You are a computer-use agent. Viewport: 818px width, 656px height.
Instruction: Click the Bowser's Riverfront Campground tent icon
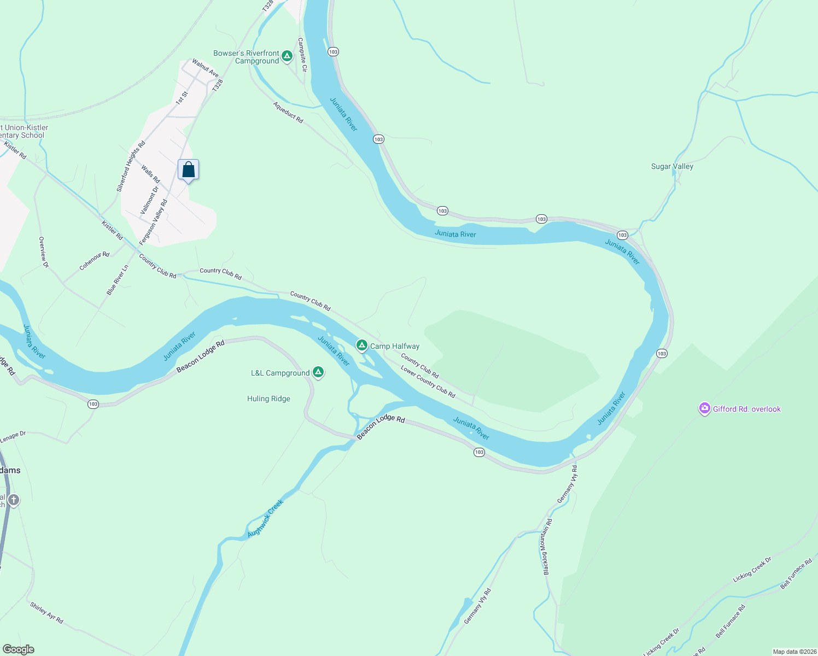(x=287, y=56)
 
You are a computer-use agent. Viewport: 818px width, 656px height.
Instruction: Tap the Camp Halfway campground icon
(x=361, y=345)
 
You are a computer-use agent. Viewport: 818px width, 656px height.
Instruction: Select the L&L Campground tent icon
(x=318, y=372)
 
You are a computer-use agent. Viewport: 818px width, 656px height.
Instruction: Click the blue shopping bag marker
(x=188, y=170)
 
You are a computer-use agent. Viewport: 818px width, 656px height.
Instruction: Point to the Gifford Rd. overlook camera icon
(x=705, y=408)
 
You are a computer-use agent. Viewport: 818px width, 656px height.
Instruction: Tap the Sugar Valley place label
(x=672, y=166)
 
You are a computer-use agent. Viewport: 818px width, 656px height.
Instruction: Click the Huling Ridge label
(x=268, y=399)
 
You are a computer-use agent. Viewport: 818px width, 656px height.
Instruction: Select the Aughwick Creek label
(x=265, y=518)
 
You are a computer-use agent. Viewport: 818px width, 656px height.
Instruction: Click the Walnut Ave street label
(x=205, y=68)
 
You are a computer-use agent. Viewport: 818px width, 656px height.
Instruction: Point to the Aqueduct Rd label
(x=288, y=112)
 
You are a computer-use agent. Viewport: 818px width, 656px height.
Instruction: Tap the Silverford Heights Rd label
(x=131, y=166)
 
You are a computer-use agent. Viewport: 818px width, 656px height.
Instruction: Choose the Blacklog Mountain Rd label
(x=547, y=547)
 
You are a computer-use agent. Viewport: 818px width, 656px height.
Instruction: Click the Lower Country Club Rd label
(x=428, y=381)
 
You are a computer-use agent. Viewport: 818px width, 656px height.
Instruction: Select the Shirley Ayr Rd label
(x=46, y=613)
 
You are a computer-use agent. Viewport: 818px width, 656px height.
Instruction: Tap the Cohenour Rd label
(x=94, y=261)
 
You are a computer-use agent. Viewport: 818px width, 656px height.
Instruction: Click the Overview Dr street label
(x=44, y=252)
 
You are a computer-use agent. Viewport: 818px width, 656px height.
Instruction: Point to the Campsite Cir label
(x=302, y=55)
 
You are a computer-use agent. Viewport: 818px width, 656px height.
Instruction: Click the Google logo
(x=19, y=649)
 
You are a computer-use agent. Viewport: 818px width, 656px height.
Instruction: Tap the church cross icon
(x=14, y=500)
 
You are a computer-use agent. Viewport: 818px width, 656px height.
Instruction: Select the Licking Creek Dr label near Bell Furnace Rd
(x=752, y=569)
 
